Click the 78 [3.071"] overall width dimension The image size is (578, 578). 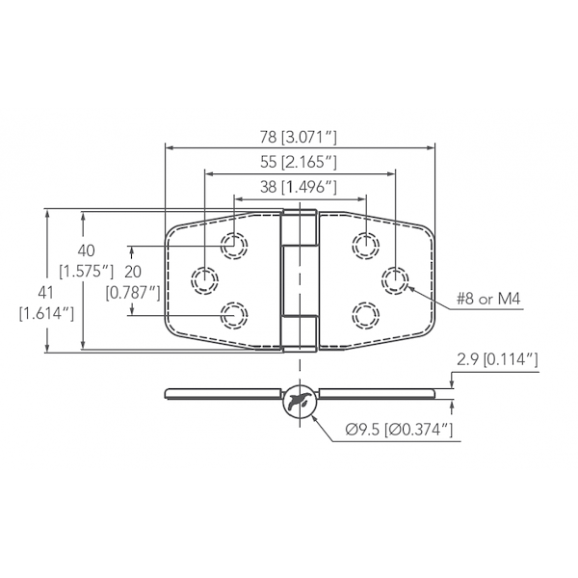(x=300, y=136)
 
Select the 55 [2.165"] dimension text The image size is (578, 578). (x=299, y=161)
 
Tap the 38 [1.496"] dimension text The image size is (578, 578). (x=300, y=185)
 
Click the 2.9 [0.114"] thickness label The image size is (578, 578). (x=495, y=361)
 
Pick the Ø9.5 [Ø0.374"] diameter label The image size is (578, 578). (x=398, y=430)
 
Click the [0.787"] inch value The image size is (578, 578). (x=133, y=290)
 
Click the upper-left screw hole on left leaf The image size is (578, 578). (x=234, y=245)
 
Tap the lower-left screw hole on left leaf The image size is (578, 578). (x=234, y=314)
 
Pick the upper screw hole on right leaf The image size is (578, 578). (x=365, y=245)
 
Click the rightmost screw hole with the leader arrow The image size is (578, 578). (x=394, y=279)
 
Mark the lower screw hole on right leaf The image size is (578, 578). (x=365, y=314)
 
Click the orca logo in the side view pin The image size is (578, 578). (x=300, y=400)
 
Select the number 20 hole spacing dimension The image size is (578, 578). (x=133, y=271)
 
